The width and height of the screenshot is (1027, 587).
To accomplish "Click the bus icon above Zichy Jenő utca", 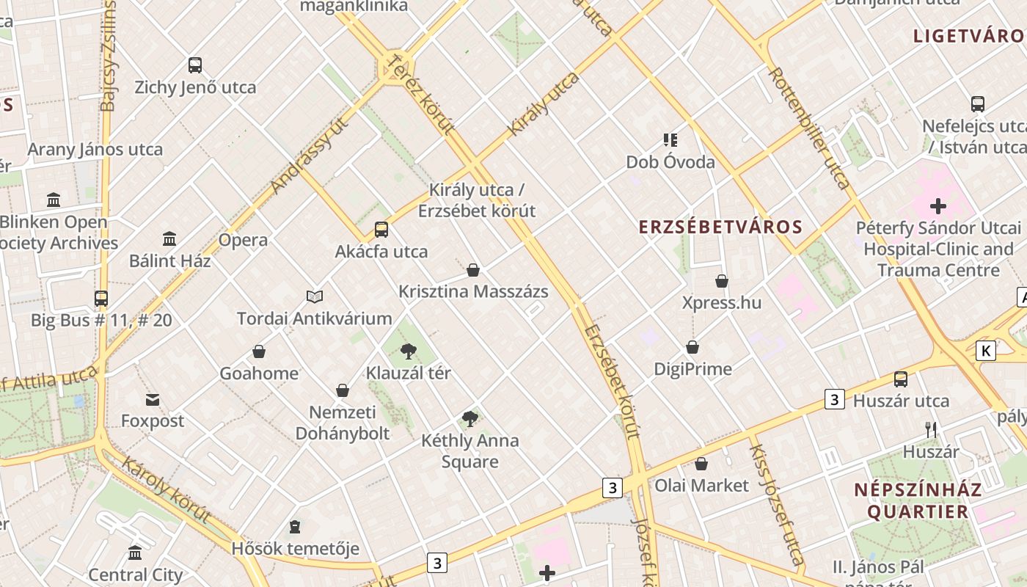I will click(194, 65).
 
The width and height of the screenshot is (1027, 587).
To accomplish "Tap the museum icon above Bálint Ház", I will click(169, 238).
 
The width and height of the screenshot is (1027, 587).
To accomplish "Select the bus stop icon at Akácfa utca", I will click(381, 230).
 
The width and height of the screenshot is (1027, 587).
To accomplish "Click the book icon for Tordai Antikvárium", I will click(315, 296).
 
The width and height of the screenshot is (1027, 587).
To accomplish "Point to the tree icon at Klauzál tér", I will click(409, 351).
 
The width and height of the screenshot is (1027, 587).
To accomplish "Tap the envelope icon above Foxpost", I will click(153, 400).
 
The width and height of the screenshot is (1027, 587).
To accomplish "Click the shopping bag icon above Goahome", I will click(259, 352).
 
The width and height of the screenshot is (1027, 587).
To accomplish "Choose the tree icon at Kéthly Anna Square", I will click(470, 419).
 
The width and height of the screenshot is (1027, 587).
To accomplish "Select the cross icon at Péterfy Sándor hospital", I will click(938, 206).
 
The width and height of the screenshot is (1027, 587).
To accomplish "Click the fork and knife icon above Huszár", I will click(931, 430).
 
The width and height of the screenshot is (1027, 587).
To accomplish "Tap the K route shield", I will click(986, 351).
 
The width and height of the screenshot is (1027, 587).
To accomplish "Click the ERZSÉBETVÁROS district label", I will click(720, 227).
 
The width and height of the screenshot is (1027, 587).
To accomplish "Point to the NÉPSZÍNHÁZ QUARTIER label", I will click(917, 500).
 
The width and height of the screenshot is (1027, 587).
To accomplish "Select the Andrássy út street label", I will click(309, 156).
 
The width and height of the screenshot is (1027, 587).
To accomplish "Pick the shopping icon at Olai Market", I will click(701, 464).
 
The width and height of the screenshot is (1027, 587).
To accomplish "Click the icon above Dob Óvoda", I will click(670, 139).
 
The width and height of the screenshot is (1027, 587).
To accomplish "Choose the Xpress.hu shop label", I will click(721, 303).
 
